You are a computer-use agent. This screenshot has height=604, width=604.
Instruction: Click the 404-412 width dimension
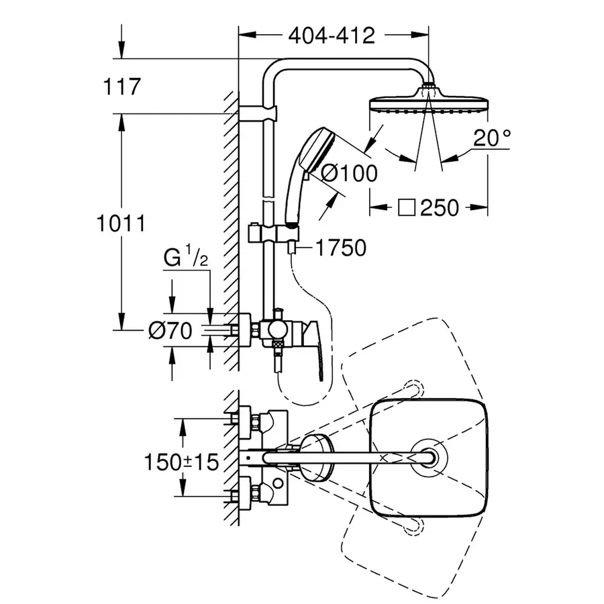click(x=332, y=35)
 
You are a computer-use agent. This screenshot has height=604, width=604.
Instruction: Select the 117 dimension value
click(x=121, y=87)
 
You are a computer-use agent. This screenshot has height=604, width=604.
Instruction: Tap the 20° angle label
click(x=491, y=139)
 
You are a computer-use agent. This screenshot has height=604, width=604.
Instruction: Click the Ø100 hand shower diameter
click(x=349, y=173)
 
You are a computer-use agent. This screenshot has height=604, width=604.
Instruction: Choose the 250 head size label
click(x=440, y=208)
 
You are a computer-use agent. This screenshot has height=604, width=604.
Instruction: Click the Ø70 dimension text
click(x=170, y=330)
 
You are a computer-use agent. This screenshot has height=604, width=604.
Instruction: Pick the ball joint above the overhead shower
click(x=427, y=88)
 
